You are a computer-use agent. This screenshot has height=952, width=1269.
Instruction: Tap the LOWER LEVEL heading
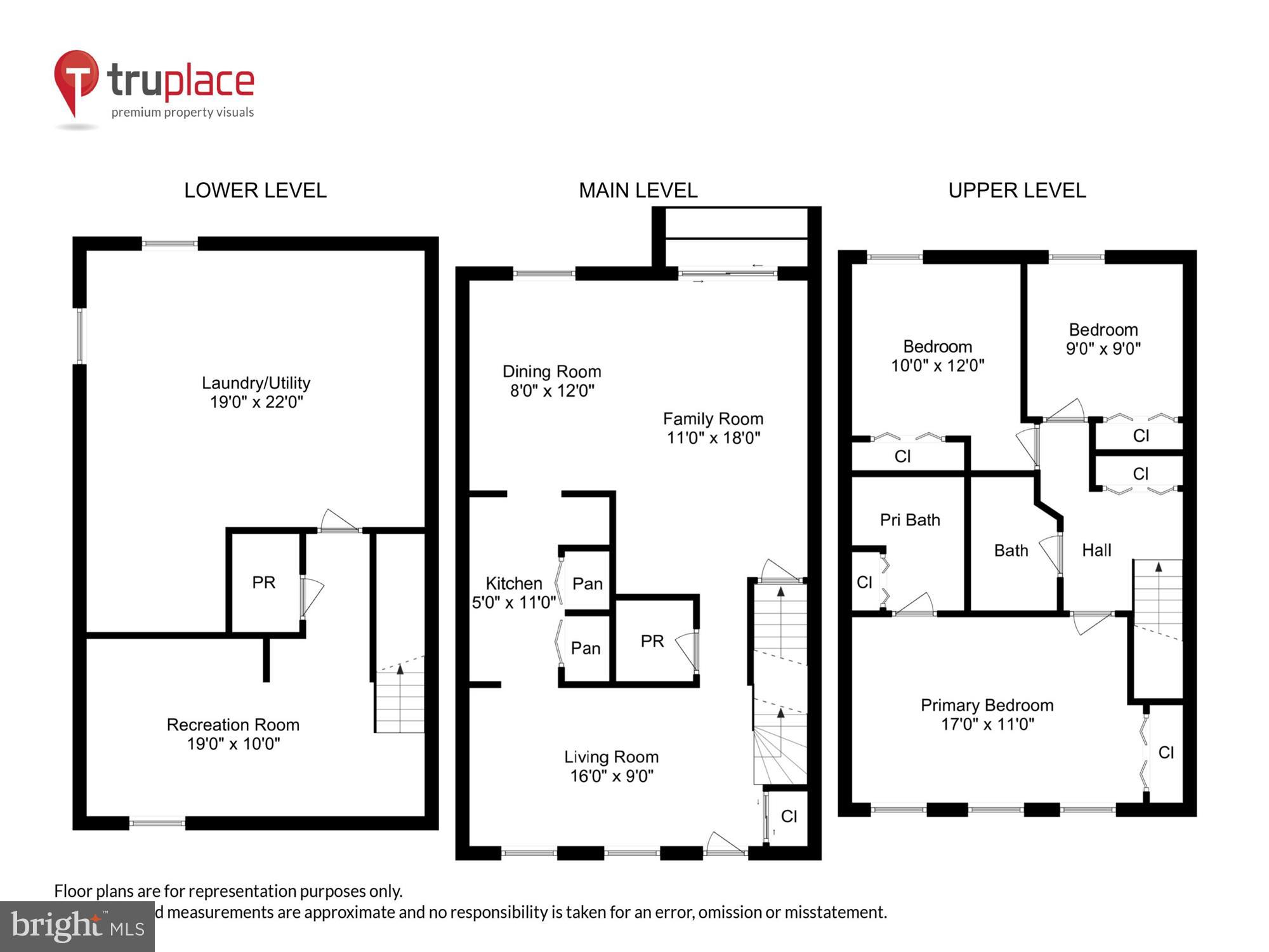pyautogui.click(x=255, y=190)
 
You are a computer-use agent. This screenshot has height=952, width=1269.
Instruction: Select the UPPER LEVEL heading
pyautogui.click(x=1016, y=190)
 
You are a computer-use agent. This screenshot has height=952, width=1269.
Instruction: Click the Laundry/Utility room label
pyautogui.click(x=256, y=383)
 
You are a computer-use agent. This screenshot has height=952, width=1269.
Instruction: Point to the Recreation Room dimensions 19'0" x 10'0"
pyautogui.click(x=233, y=744)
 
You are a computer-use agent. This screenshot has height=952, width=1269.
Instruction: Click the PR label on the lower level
pyautogui.click(x=263, y=582)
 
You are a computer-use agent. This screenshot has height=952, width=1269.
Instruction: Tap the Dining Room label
pyautogui.click(x=551, y=371)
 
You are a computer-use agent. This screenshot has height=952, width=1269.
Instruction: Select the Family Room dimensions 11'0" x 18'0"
pyautogui.click(x=713, y=438)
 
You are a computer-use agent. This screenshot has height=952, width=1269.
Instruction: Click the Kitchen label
pyautogui.click(x=513, y=583)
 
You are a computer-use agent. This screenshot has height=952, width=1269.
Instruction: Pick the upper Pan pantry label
pyautogui.click(x=587, y=583)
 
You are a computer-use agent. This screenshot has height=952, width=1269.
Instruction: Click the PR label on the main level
pyautogui.click(x=652, y=641)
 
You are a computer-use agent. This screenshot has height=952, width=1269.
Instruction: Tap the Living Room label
pyautogui.click(x=611, y=757)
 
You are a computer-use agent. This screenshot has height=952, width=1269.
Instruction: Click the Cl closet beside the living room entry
pyautogui.click(x=789, y=816)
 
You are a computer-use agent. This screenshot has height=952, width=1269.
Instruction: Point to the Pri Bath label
pyautogui.click(x=909, y=520)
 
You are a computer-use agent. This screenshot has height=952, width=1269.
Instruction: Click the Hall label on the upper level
pyautogui.click(x=1096, y=550)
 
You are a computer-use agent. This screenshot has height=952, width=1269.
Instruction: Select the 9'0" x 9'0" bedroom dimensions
pyautogui.click(x=1103, y=348)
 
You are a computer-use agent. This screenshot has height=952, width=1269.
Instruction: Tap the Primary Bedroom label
pyautogui.click(x=987, y=705)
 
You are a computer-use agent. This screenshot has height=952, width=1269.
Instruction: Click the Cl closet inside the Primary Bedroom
pyautogui.click(x=1166, y=752)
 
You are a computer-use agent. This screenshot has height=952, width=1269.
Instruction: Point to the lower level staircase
pyautogui.click(x=400, y=698)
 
